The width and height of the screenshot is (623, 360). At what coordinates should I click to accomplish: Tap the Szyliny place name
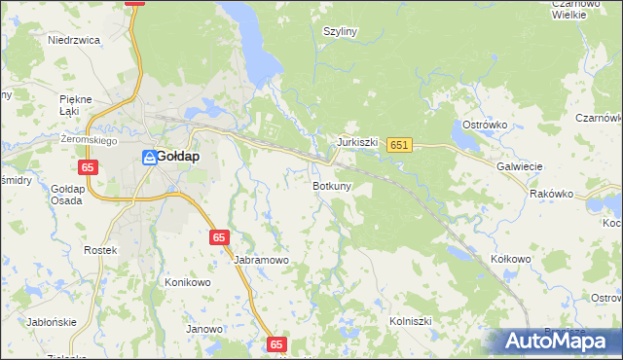341,31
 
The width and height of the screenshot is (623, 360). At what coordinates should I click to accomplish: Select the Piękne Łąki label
75,105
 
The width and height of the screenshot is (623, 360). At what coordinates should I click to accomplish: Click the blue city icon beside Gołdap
148,156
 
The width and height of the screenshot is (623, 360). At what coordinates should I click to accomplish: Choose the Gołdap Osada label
67,195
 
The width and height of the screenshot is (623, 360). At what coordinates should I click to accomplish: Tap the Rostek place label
100,250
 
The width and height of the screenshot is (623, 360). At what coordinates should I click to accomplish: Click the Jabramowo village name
261,260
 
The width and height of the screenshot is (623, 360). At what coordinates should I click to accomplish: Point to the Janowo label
204,329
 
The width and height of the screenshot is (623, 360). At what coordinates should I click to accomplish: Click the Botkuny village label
332,185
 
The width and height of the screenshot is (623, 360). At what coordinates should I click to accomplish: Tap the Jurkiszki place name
357,141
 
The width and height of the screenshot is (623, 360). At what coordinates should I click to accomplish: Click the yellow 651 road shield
399,145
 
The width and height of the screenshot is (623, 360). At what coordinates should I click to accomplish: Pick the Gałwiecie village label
519,166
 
